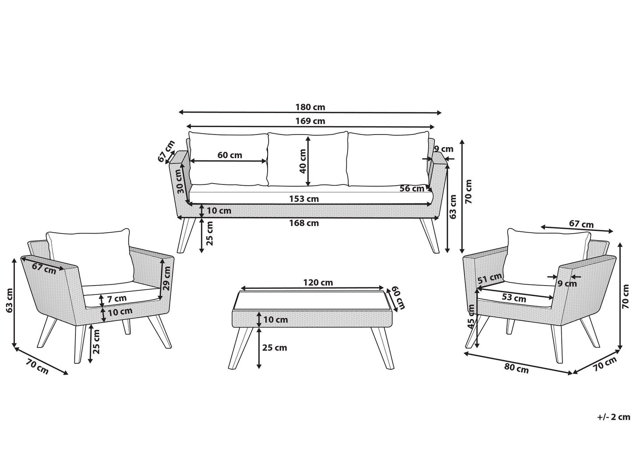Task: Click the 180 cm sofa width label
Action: click(310, 107)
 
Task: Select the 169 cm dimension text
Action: click(310, 121)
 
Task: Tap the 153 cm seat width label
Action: click(304, 199)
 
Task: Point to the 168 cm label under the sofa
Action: click(304, 223)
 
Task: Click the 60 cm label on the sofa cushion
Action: click(229, 155)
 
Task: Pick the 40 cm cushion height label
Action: click(302, 161)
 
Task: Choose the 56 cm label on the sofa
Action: click(412, 188)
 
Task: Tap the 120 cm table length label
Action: click(318, 282)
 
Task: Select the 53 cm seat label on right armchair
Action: click(513, 298)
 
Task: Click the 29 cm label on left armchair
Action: click(167, 277)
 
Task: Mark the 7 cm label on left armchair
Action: click(117, 299)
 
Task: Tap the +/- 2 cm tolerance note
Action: click(613, 425)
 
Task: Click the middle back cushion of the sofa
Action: click(308, 159)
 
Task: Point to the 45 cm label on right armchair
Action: click(471, 317)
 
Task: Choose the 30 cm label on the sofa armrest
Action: click(180, 181)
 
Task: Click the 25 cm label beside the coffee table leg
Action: click(274, 347)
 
